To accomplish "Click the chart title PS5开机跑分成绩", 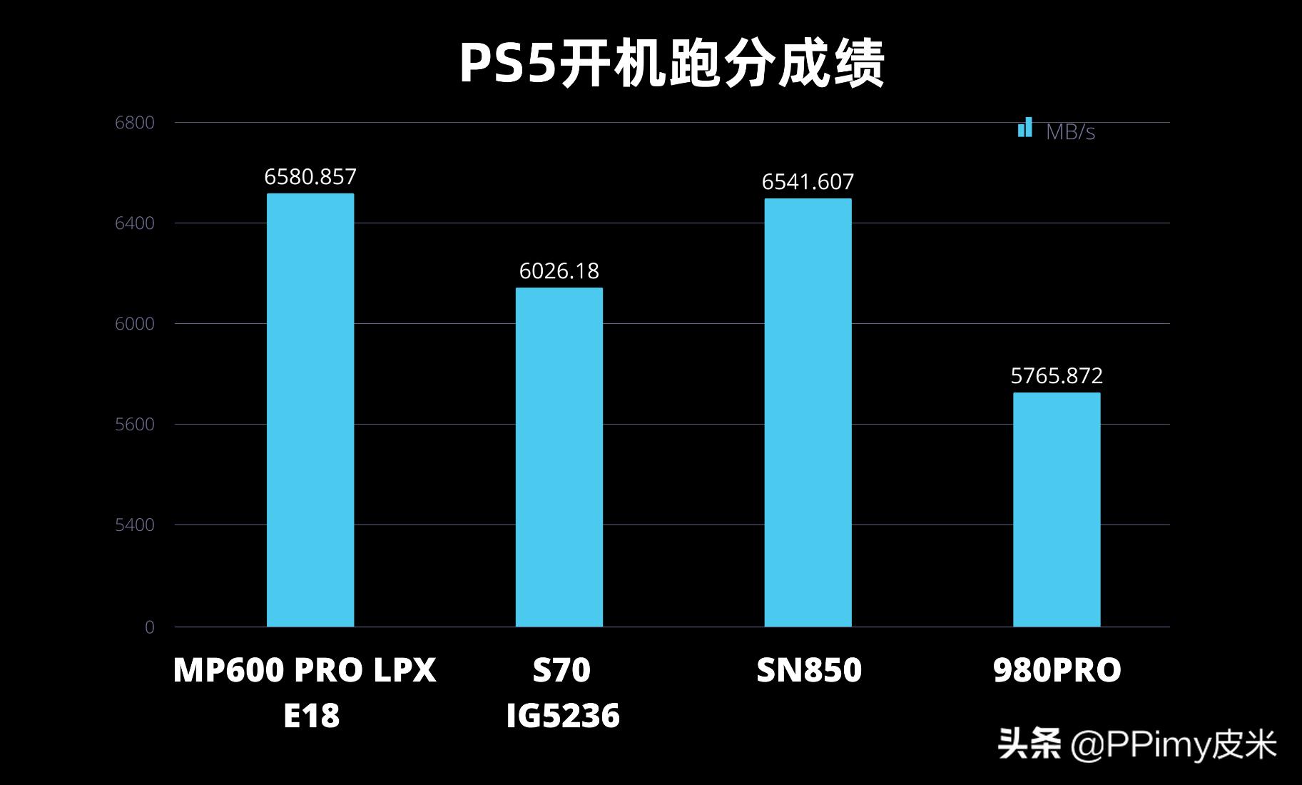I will coord(671,64).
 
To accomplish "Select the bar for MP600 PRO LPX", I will coord(310,410).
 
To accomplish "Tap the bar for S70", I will coord(559,457).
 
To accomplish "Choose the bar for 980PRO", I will coord(1057,510).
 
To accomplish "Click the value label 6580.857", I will coord(310,177).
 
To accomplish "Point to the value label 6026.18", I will coord(559,271).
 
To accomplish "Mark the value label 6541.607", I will coord(808,182).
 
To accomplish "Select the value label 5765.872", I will coord(1057,376).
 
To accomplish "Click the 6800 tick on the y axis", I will coord(135,123).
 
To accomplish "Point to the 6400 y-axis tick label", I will coord(135,223).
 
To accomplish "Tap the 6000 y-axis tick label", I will coord(135,324).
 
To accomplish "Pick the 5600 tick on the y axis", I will coord(135,425).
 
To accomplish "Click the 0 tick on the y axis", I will coord(150,627).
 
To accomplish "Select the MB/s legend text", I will coord(1070,132).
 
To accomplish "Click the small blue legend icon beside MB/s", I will coord(1025,128).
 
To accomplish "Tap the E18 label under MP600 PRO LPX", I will coord(311,716).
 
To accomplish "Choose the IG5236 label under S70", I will coord(563,716).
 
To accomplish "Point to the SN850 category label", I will coord(809,670).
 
